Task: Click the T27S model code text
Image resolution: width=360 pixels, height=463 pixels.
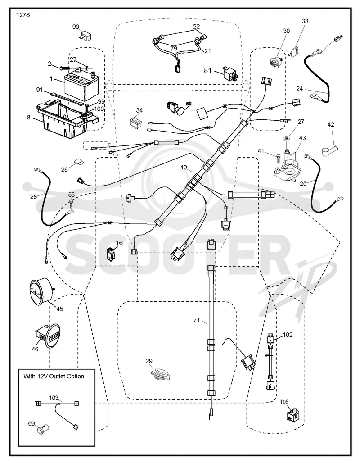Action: click(22, 15)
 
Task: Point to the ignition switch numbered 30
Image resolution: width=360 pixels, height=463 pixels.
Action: click(276, 61)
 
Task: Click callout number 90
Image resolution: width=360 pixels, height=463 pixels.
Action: click(76, 27)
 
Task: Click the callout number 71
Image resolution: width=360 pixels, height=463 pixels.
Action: click(197, 320)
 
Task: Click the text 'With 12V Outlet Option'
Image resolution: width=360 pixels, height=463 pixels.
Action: click(54, 376)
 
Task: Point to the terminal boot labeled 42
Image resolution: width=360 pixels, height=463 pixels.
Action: click(329, 148)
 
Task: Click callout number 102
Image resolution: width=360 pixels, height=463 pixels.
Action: click(288, 335)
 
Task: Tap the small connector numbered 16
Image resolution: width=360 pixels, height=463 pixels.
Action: click(111, 254)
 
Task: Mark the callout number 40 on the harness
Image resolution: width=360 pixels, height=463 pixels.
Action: click(184, 168)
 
